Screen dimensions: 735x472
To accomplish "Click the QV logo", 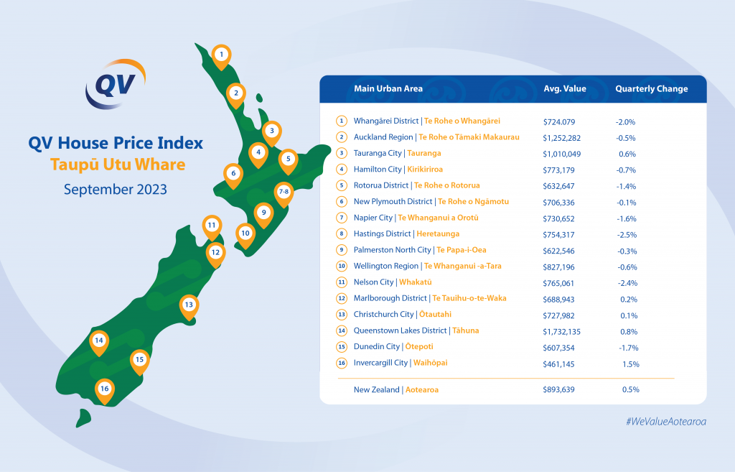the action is (116, 85).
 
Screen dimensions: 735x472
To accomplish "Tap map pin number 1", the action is (221, 56).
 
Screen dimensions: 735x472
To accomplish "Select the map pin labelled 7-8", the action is (284, 194).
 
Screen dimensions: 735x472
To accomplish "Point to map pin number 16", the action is (105, 390).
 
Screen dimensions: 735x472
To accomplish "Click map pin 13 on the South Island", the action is (189, 307).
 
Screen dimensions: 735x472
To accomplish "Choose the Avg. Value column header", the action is (565, 88).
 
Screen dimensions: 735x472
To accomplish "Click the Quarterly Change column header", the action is (652, 88).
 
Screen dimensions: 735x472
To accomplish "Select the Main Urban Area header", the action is (388, 88).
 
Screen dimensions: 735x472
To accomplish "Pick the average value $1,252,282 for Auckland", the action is (561, 138).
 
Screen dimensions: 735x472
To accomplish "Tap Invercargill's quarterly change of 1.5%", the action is (629, 364).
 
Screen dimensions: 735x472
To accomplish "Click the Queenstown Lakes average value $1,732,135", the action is (561, 332).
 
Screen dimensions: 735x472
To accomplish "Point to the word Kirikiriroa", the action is (425, 170).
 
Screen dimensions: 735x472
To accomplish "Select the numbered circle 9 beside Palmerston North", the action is (342, 250).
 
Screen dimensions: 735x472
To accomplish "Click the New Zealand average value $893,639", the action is (558, 389).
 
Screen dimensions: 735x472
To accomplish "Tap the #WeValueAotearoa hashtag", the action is (666, 421).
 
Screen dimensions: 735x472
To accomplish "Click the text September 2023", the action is (116, 190).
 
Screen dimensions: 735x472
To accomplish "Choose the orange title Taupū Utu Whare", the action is (118, 165).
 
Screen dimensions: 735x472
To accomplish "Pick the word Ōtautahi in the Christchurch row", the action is (435, 315).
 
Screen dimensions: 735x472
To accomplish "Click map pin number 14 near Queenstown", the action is (99, 343).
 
